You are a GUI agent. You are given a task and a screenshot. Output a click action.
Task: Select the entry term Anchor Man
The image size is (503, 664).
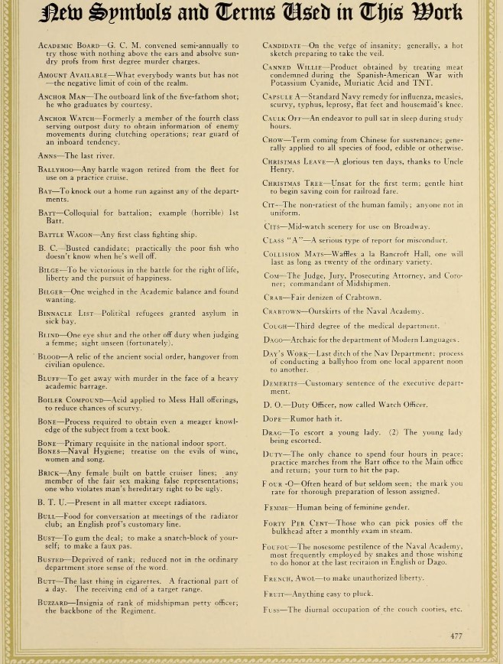click(x=63, y=96)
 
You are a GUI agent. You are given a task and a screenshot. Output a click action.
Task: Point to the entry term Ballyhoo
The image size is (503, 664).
click(x=57, y=170)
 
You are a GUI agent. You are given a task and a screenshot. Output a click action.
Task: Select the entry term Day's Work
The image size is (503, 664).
click(x=285, y=353)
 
